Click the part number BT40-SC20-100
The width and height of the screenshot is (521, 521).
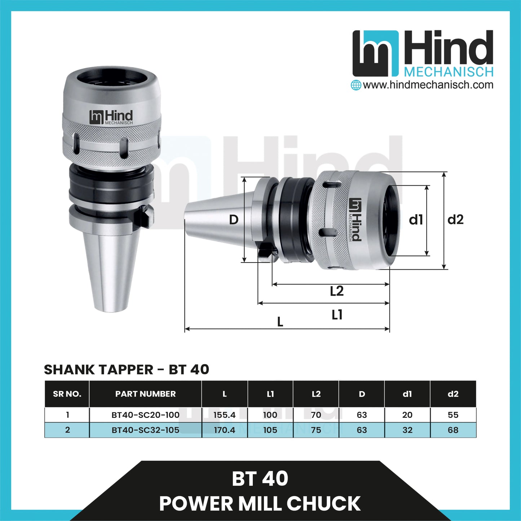point(145,415)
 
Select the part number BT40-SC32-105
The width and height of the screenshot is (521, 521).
point(145,430)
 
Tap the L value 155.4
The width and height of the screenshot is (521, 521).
point(224,415)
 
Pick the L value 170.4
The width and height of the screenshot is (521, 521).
point(224,430)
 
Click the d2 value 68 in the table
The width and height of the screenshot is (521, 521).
point(453,430)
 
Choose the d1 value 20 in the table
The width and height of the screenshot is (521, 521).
point(407,415)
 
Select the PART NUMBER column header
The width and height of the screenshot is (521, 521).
point(145,394)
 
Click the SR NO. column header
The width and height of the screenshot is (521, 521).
point(67,394)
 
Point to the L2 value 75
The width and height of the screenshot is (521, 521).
point(316,430)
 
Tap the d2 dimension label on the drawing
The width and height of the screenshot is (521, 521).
point(455,219)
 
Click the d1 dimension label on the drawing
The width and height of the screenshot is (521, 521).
point(416,219)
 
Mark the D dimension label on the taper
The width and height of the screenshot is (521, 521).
point(234,219)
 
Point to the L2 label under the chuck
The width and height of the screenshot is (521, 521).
point(337,291)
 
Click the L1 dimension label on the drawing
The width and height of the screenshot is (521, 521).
point(337,315)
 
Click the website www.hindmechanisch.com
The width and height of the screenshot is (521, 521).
point(428,85)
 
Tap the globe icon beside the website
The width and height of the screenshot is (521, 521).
point(356,85)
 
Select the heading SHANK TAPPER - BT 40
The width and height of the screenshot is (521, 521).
point(126,369)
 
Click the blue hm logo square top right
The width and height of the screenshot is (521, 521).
point(376,53)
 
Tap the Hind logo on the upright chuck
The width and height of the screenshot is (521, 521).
point(111,117)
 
